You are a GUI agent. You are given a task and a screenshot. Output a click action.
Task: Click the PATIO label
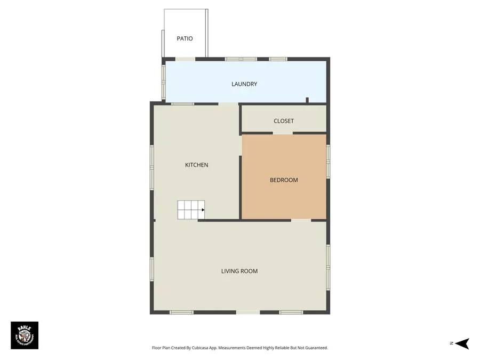point(185,38)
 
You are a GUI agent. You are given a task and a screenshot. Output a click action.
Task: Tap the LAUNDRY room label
point(244,84)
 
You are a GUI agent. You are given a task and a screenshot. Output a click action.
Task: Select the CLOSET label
point(283,121)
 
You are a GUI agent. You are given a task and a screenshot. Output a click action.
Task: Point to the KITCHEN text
point(196,165)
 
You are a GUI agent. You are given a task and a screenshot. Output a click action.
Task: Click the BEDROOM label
point(283,180)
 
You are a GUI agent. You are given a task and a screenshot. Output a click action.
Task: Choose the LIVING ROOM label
point(239,271)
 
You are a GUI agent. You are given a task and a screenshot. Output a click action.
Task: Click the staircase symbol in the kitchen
point(190,210)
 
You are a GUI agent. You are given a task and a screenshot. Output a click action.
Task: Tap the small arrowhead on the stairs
point(203,210)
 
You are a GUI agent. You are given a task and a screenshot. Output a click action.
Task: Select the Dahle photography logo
point(25,335)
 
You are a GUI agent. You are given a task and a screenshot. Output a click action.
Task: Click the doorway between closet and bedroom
point(283,133)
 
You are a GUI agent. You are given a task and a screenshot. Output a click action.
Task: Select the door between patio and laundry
point(185,59)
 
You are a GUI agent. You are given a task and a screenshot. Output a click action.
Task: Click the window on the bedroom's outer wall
point(328,161)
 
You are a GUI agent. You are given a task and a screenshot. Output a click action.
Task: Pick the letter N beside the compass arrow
point(451,343)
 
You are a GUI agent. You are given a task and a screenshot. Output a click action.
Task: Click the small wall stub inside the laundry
point(307,100)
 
